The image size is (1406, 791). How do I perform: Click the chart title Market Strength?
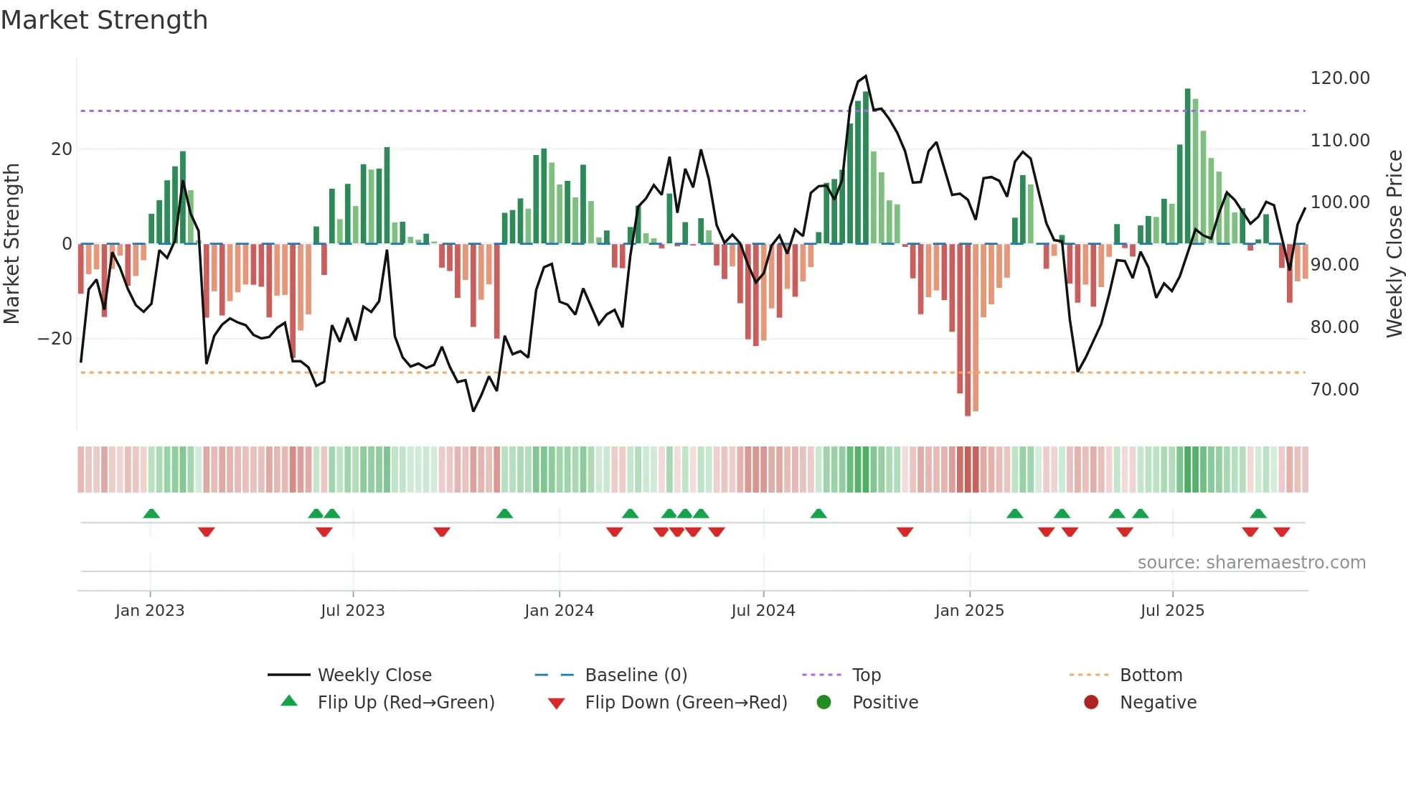coord(104,20)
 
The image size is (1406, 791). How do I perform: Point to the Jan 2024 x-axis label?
coord(559,611)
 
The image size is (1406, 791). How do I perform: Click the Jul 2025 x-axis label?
coord(1172,611)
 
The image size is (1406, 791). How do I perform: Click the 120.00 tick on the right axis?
coord(1339,78)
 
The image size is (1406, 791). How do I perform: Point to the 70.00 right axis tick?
coord(1334,390)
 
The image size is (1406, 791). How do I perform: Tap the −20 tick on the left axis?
coord(55,339)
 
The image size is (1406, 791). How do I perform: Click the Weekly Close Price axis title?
coord(1394,244)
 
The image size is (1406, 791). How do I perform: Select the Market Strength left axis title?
coord(11,244)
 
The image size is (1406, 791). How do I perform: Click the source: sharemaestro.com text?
coord(1251,563)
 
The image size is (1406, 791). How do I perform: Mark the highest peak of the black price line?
coord(866,76)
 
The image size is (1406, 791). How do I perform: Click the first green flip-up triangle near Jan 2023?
coord(151,514)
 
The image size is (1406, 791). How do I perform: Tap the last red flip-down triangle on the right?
coord(1282,532)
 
